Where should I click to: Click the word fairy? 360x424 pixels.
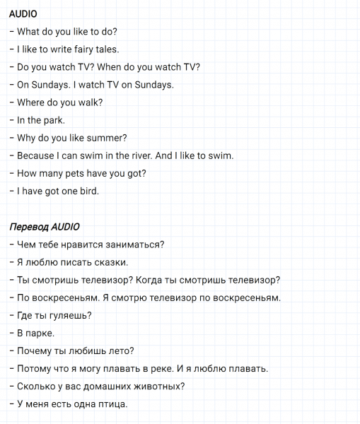[x=85, y=49]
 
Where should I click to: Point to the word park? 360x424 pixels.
[x=54, y=120]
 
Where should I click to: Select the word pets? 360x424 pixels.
[x=82, y=173]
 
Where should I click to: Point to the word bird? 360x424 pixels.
[x=88, y=191]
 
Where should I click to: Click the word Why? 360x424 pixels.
[x=26, y=138]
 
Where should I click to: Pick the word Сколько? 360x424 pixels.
[x=37, y=386]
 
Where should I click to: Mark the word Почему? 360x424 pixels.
[x=37, y=351]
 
